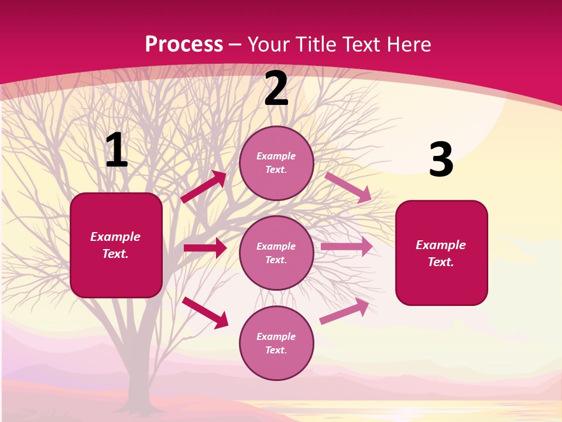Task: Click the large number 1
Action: (116, 150)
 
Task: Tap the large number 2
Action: (276, 89)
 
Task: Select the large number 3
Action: (441, 159)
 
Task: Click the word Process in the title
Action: (184, 44)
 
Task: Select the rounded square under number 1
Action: (116, 245)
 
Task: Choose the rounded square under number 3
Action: (441, 253)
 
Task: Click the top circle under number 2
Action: (276, 163)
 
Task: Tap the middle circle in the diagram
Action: (276, 253)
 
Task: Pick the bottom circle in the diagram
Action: (276, 343)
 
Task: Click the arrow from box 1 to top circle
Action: (204, 187)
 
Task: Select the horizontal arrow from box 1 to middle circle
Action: (205, 248)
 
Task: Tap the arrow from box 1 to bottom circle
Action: (205, 312)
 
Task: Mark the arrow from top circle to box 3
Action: (348, 188)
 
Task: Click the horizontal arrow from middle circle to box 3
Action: (347, 247)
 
